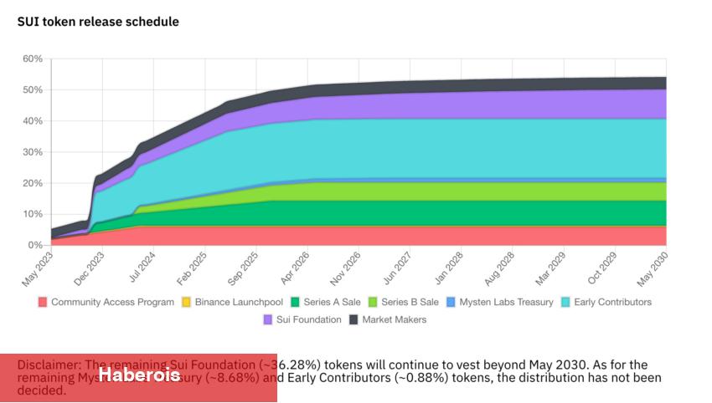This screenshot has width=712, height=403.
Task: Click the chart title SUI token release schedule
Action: point(98,22)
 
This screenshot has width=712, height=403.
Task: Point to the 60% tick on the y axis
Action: point(32,59)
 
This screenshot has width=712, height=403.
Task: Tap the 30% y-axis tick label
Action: point(32,152)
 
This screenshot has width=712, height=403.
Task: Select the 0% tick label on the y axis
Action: point(34,245)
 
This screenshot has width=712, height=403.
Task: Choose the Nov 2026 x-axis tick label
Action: point(345,269)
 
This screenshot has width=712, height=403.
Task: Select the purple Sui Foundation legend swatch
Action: point(269,319)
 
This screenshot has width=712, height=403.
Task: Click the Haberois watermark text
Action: point(139,375)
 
